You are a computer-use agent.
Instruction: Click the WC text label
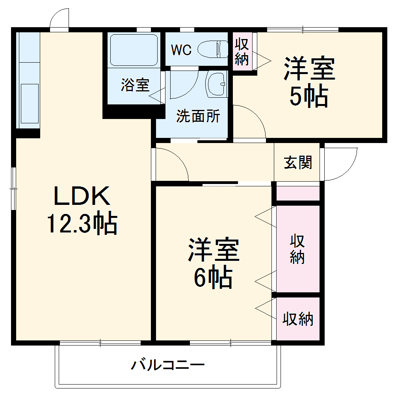pos(181,50)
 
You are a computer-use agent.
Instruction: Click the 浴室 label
pos(135,85)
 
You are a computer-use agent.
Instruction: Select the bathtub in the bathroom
pos(134,50)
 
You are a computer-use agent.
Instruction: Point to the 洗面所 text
pos(198,117)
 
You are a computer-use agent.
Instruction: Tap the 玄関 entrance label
pos(298,162)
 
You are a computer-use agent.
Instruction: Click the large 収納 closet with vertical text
pos(297,249)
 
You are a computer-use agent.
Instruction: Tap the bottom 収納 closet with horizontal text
pos(297,319)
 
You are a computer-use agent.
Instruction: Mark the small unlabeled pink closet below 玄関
pos(297,193)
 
